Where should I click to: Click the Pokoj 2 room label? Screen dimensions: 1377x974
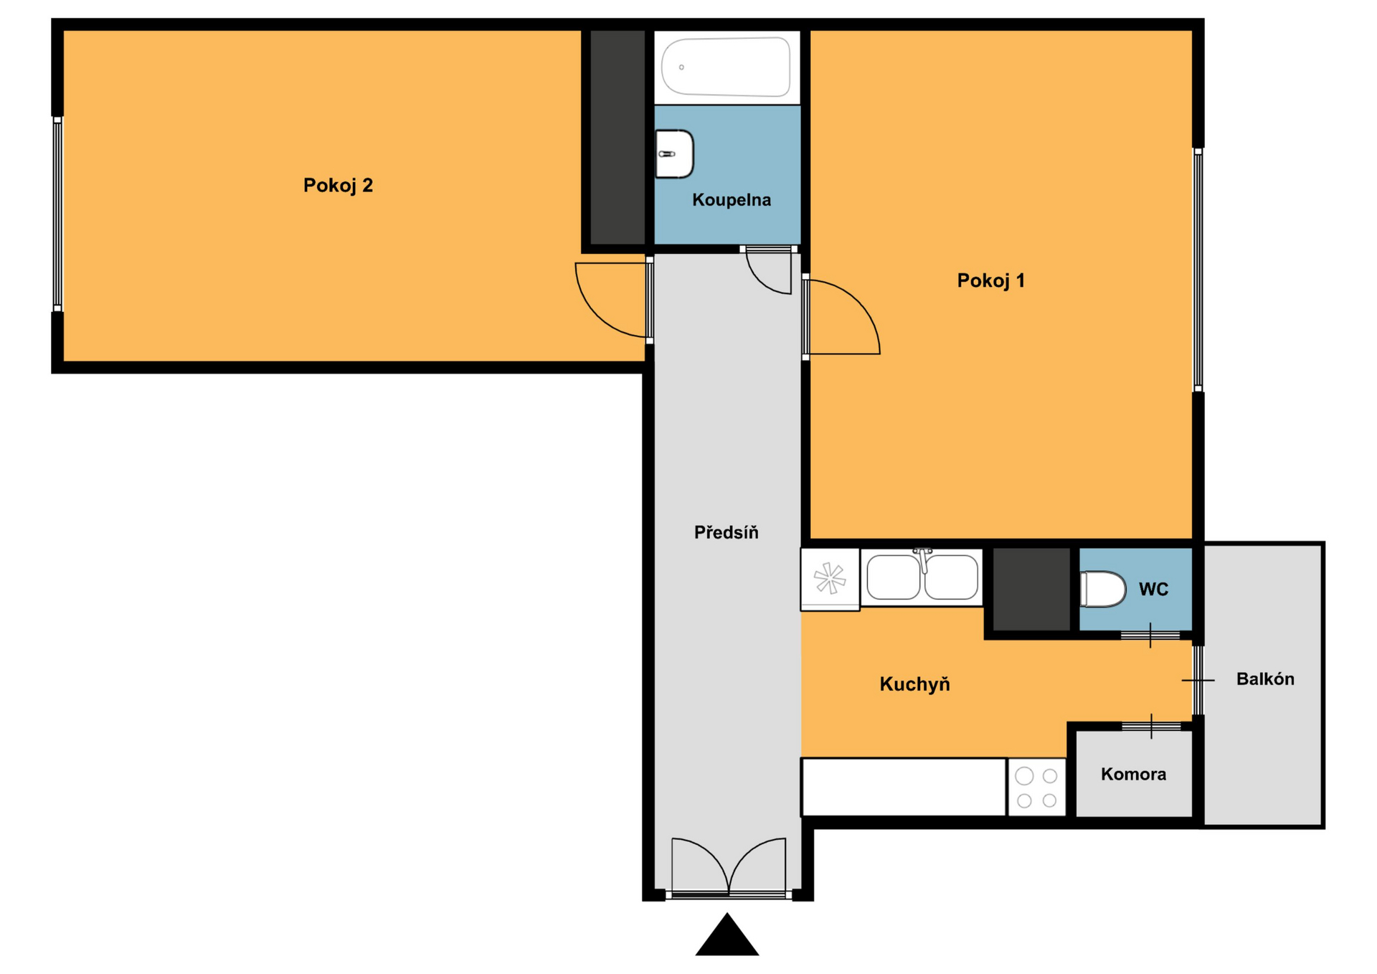tap(338, 186)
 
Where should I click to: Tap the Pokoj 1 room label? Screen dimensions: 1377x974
tap(990, 280)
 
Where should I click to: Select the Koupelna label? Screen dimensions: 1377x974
tap(732, 200)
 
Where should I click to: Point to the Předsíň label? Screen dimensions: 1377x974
tap(726, 532)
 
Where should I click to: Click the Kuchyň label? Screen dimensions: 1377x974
tap(914, 684)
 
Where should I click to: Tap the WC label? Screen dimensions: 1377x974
tap(1153, 590)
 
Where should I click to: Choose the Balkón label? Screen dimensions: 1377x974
tap(1265, 679)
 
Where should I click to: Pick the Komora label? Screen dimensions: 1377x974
tap(1133, 775)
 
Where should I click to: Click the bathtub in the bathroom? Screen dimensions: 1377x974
tap(726, 67)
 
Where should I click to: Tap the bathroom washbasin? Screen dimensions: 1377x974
tap(675, 153)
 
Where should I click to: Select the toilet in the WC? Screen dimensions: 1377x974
tap(1102, 589)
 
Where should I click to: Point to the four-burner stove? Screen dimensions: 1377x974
tap(1036, 788)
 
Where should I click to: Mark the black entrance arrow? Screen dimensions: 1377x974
tap(727, 935)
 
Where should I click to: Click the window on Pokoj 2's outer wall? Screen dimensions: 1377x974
tap(57, 214)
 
